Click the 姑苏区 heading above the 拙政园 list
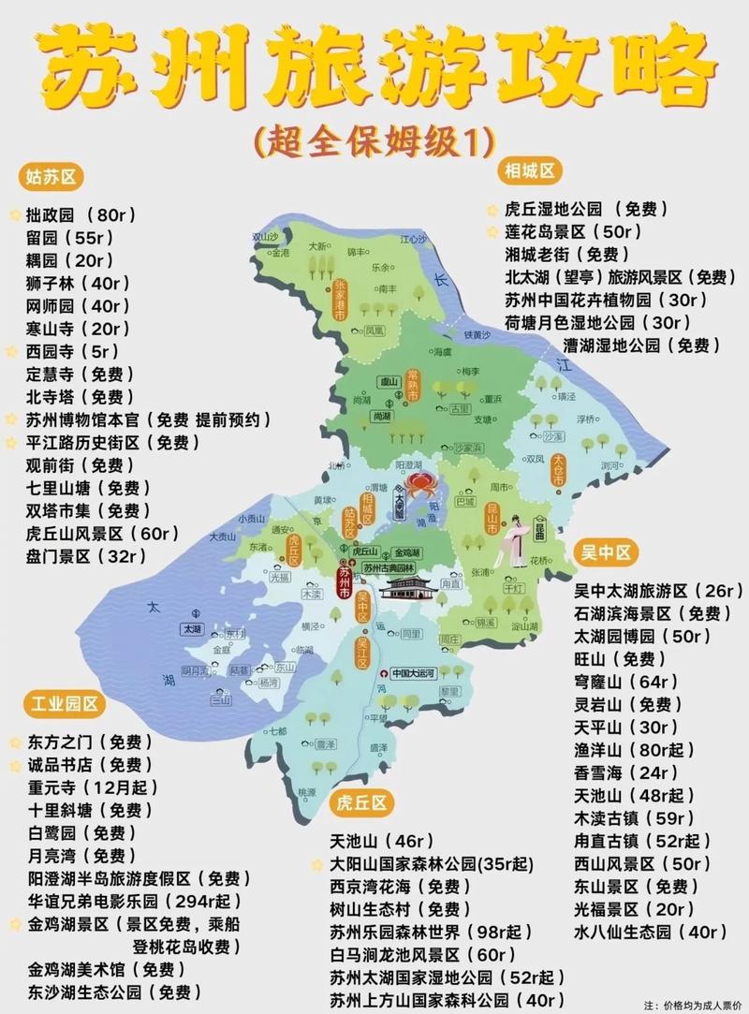pos(51,176)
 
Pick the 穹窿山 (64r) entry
pos(625,682)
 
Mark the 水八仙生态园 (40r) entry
pos(650,932)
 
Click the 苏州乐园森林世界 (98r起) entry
pos(430,932)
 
